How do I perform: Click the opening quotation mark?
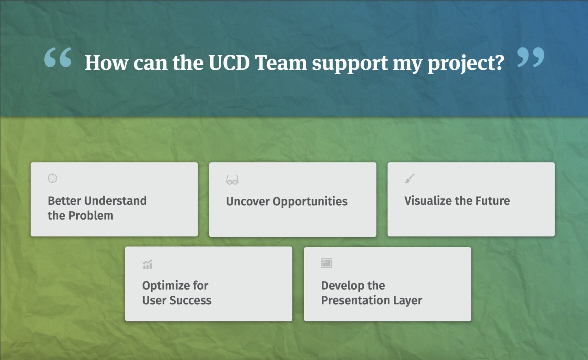[x=58, y=57]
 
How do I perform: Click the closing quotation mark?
[x=531, y=57]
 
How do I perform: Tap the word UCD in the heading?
[x=229, y=63]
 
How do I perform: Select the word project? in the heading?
[x=466, y=64]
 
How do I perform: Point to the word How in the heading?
[x=107, y=63]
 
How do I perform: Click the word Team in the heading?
[x=281, y=63]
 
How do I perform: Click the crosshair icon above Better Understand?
[x=52, y=178]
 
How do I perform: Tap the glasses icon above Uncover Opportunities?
[x=232, y=180]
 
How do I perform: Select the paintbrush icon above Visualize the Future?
[x=410, y=178]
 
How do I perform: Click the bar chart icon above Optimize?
[x=148, y=264]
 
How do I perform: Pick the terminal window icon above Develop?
[x=326, y=263]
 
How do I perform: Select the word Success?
[x=190, y=300]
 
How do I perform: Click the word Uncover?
[x=248, y=201]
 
